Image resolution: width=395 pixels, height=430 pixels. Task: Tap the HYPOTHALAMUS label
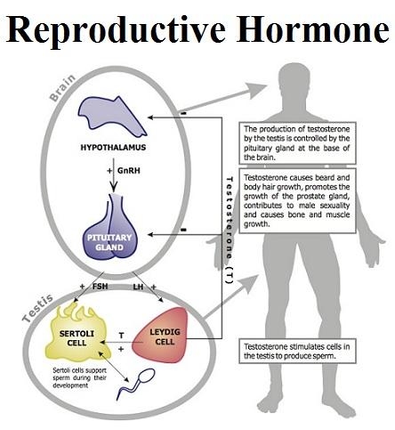click(x=113, y=148)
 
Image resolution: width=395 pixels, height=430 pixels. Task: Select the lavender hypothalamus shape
click(x=111, y=116)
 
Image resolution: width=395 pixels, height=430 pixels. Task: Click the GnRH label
click(x=129, y=171)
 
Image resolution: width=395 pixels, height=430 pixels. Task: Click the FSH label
click(x=100, y=287)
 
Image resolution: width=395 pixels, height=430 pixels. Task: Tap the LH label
click(x=138, y=287)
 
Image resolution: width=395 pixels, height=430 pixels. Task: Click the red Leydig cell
click(x=163, y=336)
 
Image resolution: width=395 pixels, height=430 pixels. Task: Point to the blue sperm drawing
click(x=135, y=384)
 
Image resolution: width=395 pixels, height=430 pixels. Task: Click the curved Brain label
click(x=62, y=88)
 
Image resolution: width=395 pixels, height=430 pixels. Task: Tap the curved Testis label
click(x=37, y=308)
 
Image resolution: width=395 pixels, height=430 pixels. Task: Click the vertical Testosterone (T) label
click(x=230, y=231)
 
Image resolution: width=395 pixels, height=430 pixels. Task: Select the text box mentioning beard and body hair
click(x=297, y=200)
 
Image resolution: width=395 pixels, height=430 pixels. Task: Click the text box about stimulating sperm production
click(x=297, y=351)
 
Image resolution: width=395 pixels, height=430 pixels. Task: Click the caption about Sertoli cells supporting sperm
click(x=79, y=377)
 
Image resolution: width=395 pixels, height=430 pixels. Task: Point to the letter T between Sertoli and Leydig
click(x=121, y=336)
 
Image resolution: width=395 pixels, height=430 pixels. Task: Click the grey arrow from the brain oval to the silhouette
click(x=222, y=98)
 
